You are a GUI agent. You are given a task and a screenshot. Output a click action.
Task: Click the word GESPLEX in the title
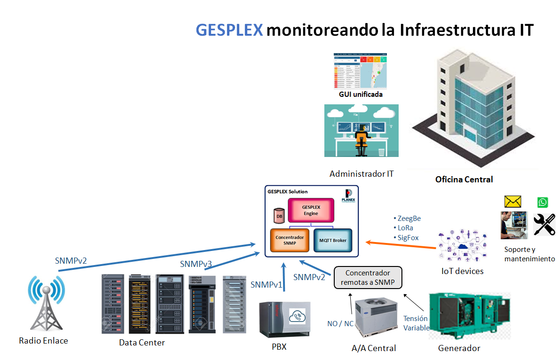(x=229, y=30)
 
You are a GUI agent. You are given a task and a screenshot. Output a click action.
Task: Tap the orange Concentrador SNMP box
(x=290, y=240)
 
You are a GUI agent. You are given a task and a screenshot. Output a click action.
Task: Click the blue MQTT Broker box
(x=333, y=240)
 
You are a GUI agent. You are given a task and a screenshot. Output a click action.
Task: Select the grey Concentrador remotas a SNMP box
(x=368, y=277)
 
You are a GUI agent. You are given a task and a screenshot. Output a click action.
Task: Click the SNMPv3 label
(x=196, y=264)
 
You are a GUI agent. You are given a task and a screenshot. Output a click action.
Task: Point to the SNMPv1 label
(x=267, y=284)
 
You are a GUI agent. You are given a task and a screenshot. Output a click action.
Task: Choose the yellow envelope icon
(x=513, y=202)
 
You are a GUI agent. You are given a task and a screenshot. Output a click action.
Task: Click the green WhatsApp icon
(x=542, y=202)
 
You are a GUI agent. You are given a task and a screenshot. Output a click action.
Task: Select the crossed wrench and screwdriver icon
(x=544, y=224)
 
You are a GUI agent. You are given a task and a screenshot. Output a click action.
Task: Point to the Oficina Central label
(x=464, y=179)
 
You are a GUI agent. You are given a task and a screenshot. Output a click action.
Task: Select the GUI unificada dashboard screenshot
(x=361, y=71)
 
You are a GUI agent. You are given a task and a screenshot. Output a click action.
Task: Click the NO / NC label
(x=340, y=323)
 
